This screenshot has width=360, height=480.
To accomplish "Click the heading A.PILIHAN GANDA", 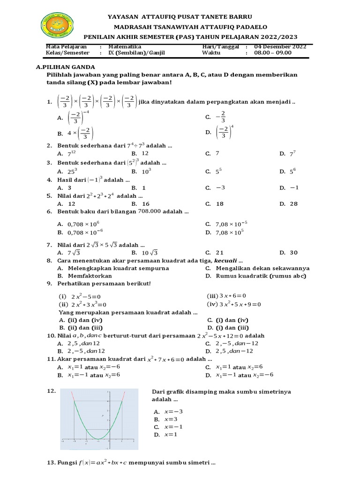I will pyautogui.click(x=65, y=67).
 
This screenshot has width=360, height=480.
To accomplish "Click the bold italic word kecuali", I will pyautogui.click(x=226, y=261).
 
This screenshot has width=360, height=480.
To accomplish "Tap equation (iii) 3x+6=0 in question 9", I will pyautogui.click(x=226, y=296).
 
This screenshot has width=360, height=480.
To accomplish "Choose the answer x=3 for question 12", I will pyautogui.click(x=171, y=419).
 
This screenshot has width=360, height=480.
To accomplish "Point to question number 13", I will pyautogui.click(x=51, y=463).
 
